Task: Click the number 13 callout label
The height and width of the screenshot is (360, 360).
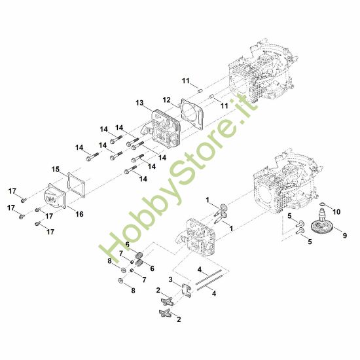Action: coord(139,103)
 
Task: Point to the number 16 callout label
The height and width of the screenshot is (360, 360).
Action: coord(80,213)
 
